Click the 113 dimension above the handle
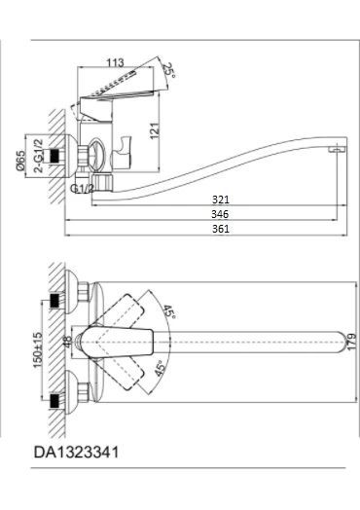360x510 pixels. [116, 61]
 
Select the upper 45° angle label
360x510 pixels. [171, 314]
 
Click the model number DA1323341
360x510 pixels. [81, 452]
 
